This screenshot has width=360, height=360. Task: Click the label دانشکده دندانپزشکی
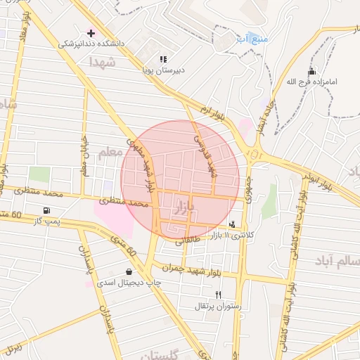click(91, 44)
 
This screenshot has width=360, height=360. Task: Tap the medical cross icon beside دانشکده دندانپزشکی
click(91, 32)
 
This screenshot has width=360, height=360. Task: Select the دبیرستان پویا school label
click(163, 70)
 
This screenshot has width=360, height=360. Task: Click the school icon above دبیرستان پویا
click(163, 59)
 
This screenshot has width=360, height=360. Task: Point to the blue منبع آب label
click(252, 39)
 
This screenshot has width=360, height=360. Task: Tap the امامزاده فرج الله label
click(312, 82)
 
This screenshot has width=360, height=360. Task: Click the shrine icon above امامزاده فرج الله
click(312, 72)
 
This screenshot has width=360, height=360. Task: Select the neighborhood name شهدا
click(102, 62)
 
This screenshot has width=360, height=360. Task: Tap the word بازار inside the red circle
click(182, 206)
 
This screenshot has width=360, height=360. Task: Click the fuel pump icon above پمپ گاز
click(46, 210)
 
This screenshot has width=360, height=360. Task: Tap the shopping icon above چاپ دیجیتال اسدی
click(129, 271)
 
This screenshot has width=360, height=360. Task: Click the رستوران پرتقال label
click(218, 307)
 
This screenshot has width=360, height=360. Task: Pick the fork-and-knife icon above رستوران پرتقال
click(218, 295)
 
